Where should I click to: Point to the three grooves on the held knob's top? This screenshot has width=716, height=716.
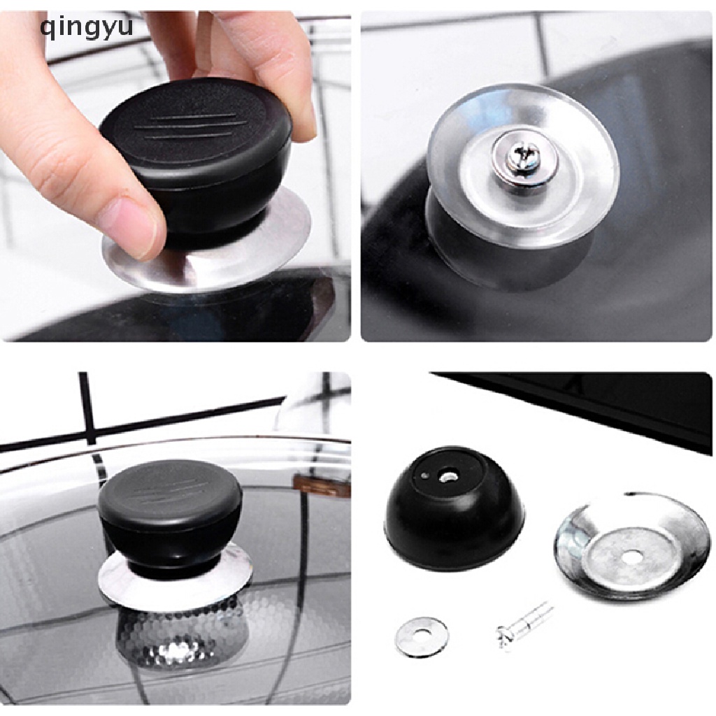point(189,126)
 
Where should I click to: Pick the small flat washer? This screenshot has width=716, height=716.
point(421,636)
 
